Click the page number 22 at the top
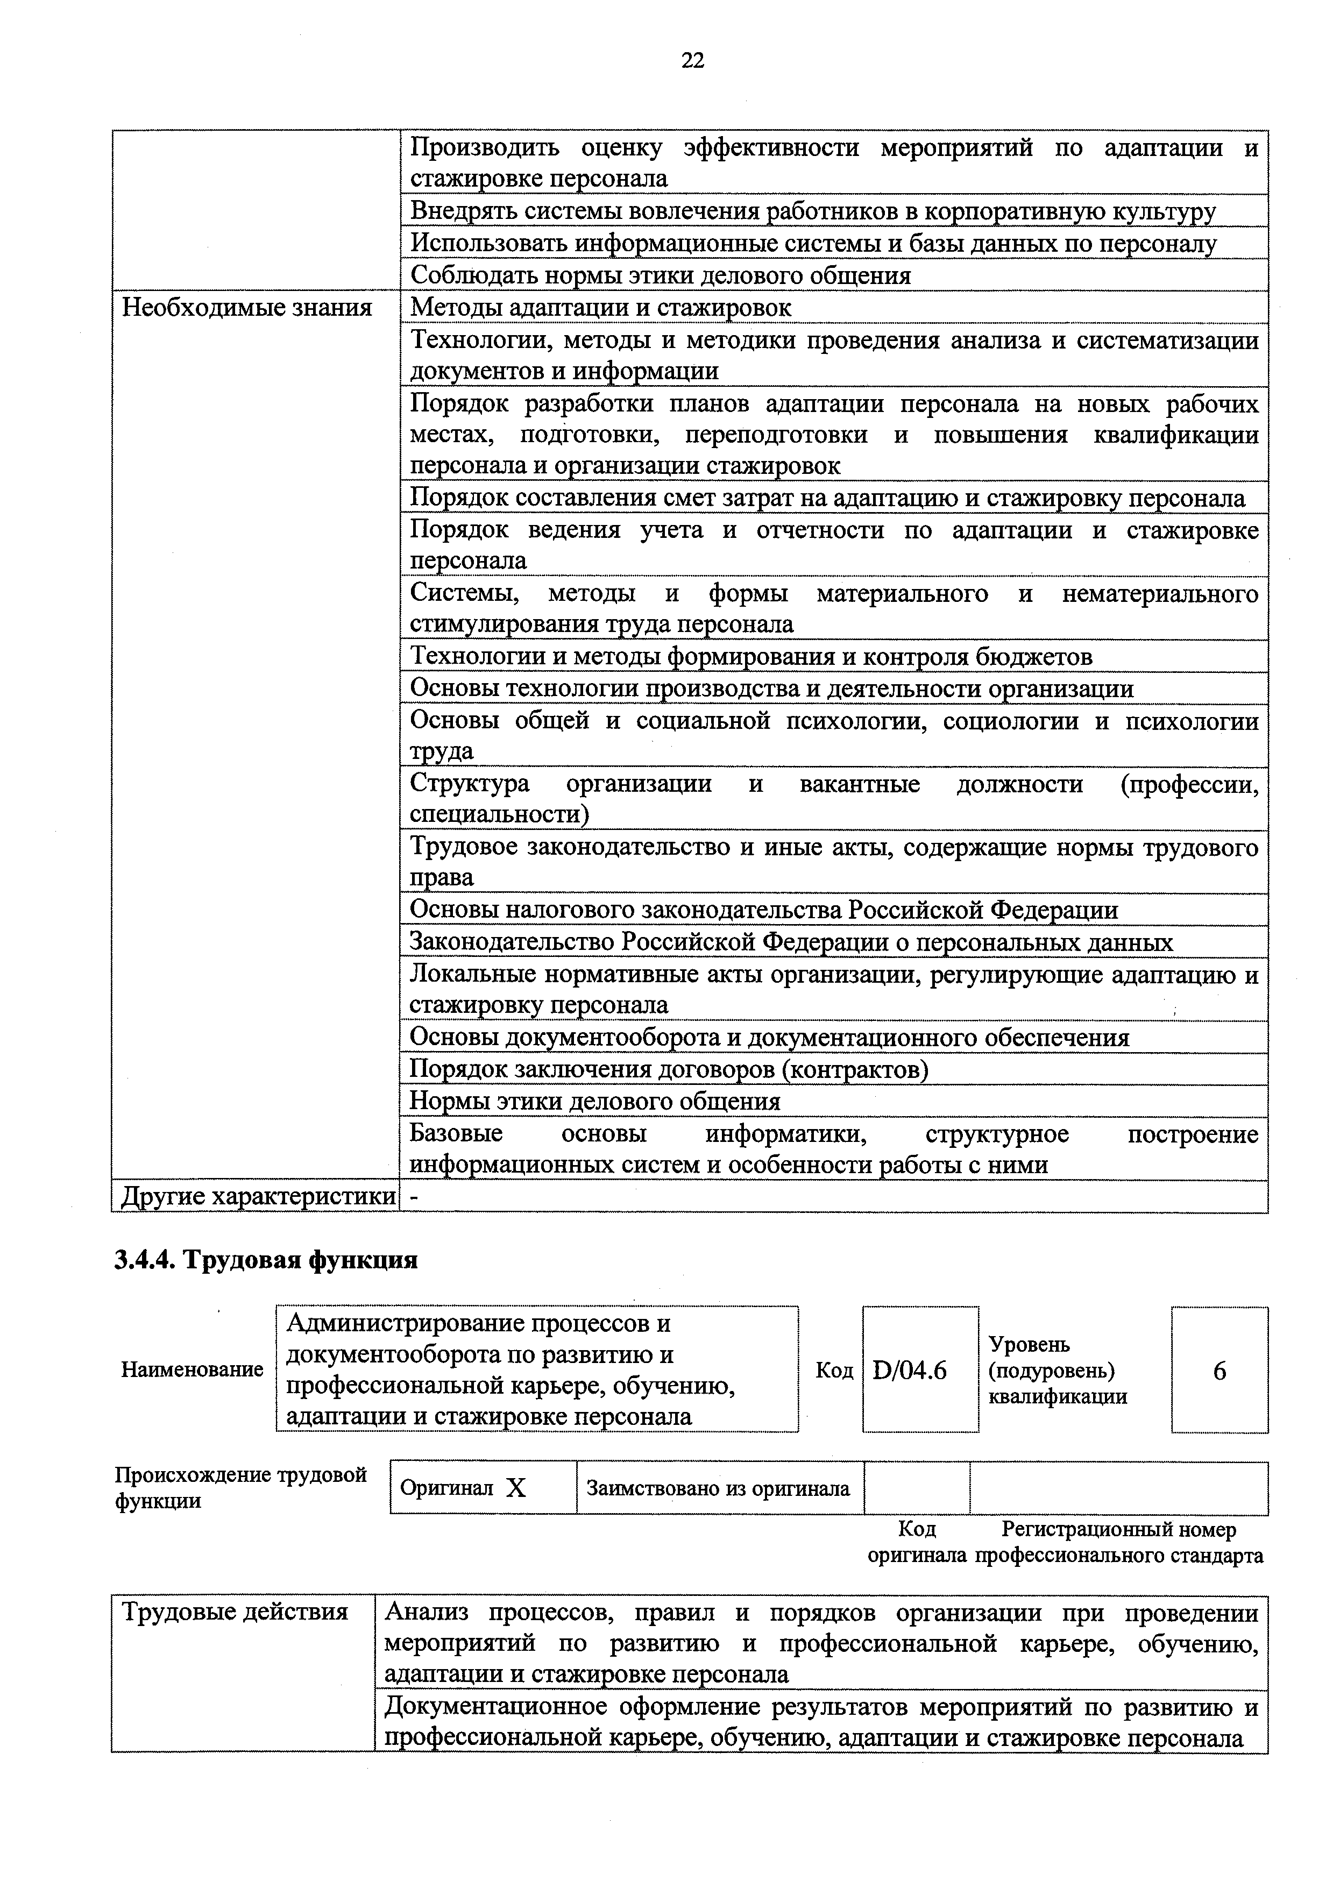tap(692, 60)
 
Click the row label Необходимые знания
tap(247, 308)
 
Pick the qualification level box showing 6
tap(1219, 1370)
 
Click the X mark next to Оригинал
tap(515, 1488)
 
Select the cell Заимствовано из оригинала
tap(718, 1488)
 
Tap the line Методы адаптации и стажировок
tap(600, 308)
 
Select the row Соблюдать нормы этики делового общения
tap(661, 275)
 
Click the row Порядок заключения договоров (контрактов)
tap(669, 1069)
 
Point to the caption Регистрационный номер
tap(1118, 1529)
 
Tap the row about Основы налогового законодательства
tap(764, 910)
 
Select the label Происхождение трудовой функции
tap(240, 1488)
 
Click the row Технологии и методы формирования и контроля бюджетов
tap(751, 656)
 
